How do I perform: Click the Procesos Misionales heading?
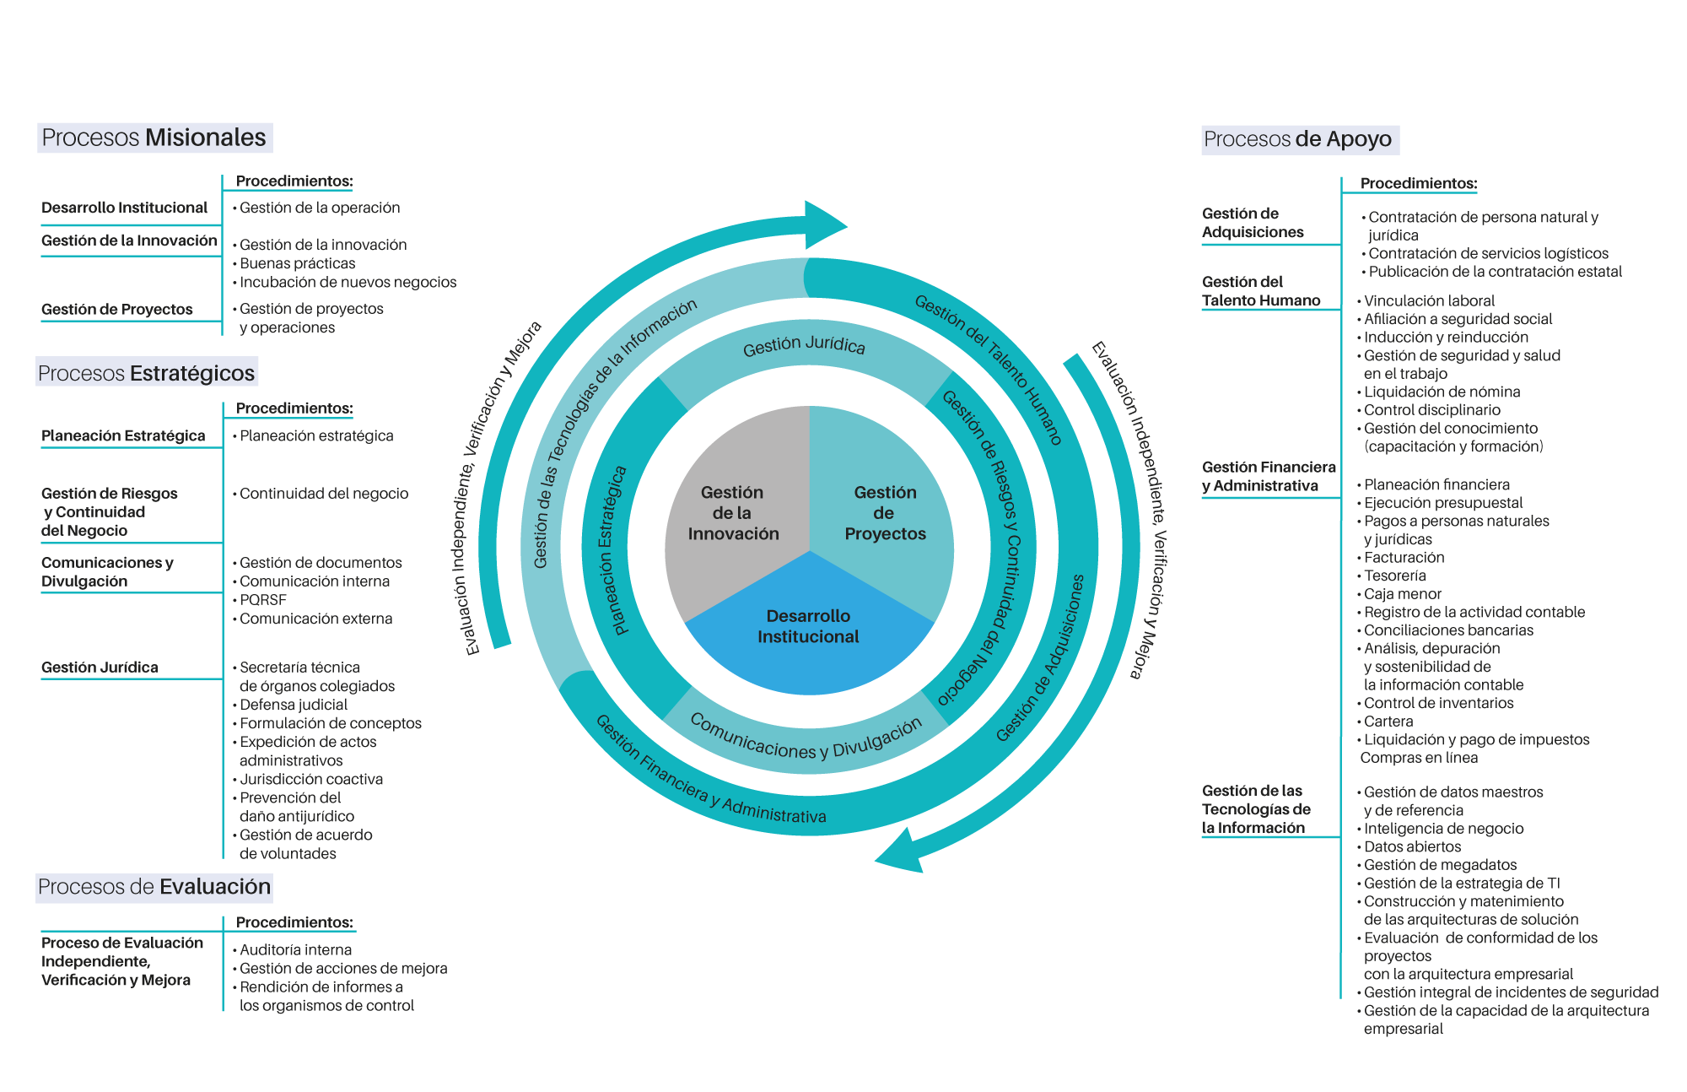pos(154,138)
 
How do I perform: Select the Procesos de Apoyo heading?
pos(1299,139)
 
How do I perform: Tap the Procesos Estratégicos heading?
pos(147,372)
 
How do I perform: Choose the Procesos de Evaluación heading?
pos(154,887)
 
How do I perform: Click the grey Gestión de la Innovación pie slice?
pos(732,512)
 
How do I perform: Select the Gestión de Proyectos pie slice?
pos(884,512)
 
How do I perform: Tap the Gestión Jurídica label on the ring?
pos(804,345)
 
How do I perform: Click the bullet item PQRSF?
pos(263,600)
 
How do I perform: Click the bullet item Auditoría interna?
pos(295,950)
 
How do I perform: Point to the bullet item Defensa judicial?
pos(294,705)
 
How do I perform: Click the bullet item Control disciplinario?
pos(1432,410)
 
